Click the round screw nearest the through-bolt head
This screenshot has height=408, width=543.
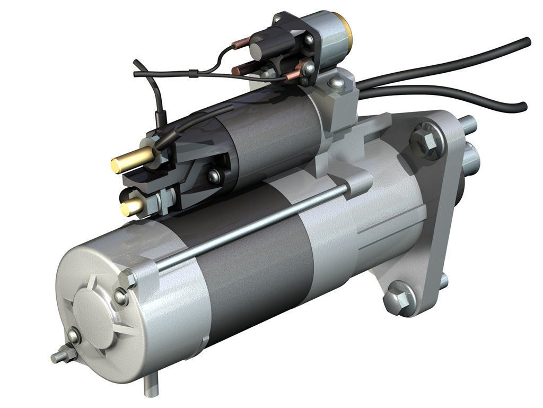pos(121,298)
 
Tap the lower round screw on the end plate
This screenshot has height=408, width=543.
pos(74,336)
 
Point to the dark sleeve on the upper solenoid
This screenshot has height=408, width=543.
pos(270,138)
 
